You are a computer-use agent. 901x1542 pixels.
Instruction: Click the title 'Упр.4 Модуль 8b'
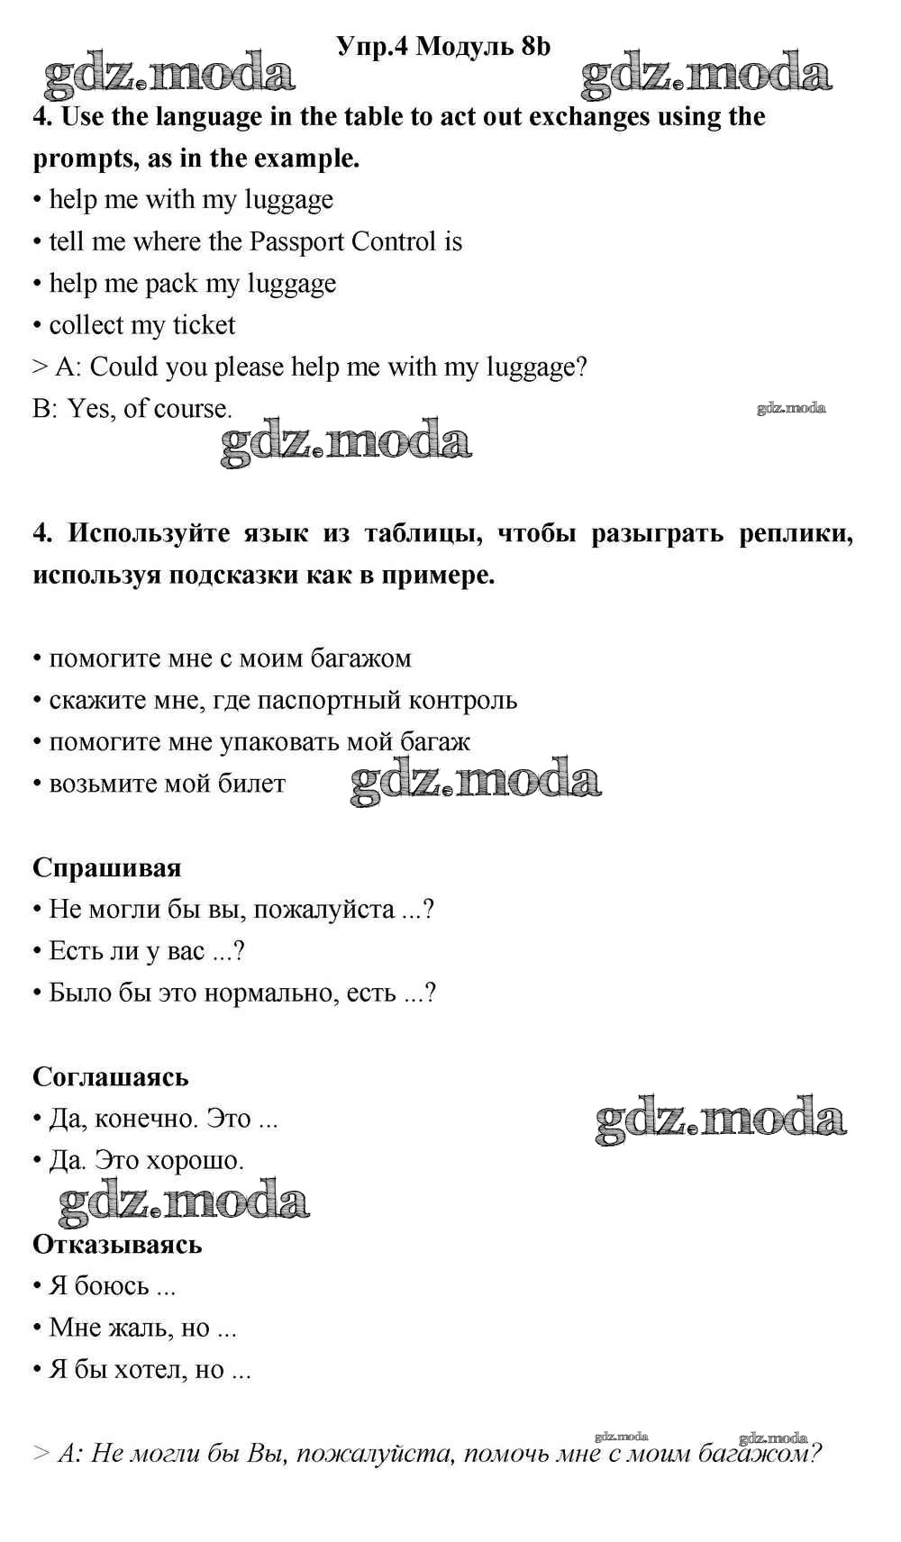coord(442,46)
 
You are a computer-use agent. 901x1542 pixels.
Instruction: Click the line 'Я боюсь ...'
coord(112,1285)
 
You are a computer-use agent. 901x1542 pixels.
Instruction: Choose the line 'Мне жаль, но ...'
coord(142,1327)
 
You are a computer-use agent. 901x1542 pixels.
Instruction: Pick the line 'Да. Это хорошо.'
coord(146,1160)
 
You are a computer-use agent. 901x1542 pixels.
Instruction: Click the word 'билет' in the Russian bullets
coord(251,783)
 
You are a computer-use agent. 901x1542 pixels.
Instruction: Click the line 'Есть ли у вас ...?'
coord(146,950)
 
